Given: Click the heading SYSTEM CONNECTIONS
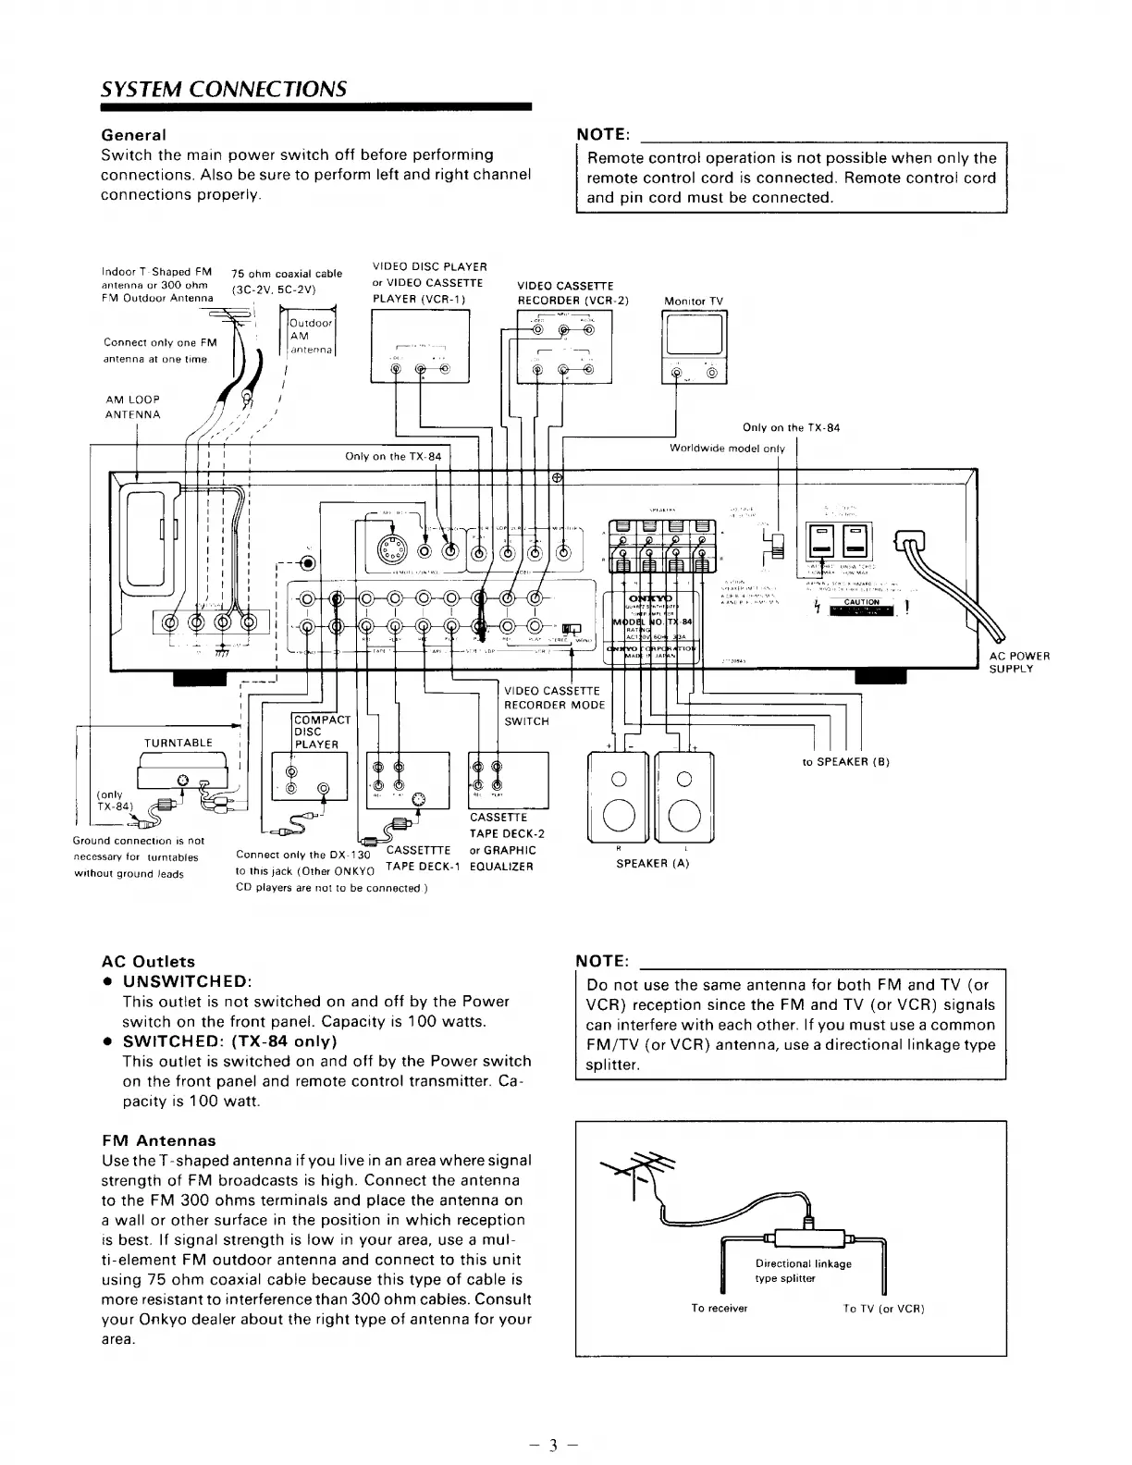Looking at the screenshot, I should click(x=223, y=89).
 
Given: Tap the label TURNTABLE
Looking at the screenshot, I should click(x=178, y=743).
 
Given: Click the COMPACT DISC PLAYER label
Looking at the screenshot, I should click(x=315, y=732).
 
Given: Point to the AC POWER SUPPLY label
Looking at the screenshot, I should click(x=1019, y=662).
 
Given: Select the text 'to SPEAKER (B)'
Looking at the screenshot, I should click(x=845, y=762).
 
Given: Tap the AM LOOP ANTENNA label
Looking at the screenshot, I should click(x=133, y=407).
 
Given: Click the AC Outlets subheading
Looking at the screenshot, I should click(x=148, y=961).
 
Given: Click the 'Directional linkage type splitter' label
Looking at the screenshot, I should click(x=803, y=1271).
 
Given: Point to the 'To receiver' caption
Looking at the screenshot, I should click(x=719, y=1308).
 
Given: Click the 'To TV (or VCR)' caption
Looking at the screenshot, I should click(x=883, y=1308).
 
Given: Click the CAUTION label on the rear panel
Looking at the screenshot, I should click(x=858, y=602).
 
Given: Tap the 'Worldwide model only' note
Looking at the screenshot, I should click(x=726, y=449).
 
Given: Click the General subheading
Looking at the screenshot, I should click(x=133, y=135).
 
